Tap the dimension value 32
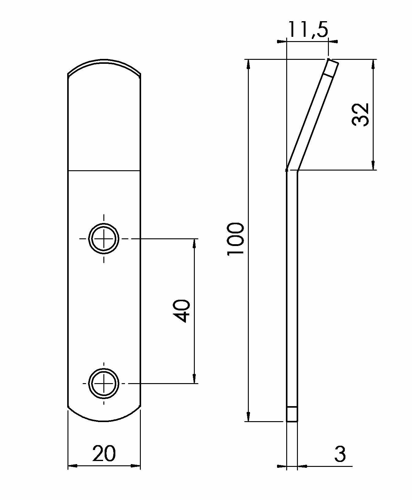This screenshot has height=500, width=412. click(360, 115)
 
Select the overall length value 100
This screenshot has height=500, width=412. click(236, 239)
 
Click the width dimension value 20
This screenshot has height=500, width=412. click(104, 454)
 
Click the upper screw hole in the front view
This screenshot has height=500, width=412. click(104, 239)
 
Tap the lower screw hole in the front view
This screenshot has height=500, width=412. click(104, 383)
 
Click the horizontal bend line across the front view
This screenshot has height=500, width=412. click(104, 170)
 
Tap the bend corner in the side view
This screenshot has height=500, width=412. click(292, 171)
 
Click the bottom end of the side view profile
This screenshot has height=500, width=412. click(292, 421)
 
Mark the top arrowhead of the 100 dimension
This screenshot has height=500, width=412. click(248, 64)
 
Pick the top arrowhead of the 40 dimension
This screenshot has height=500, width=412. click(194, 244)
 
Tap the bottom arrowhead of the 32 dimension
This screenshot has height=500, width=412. click(373, 165)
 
